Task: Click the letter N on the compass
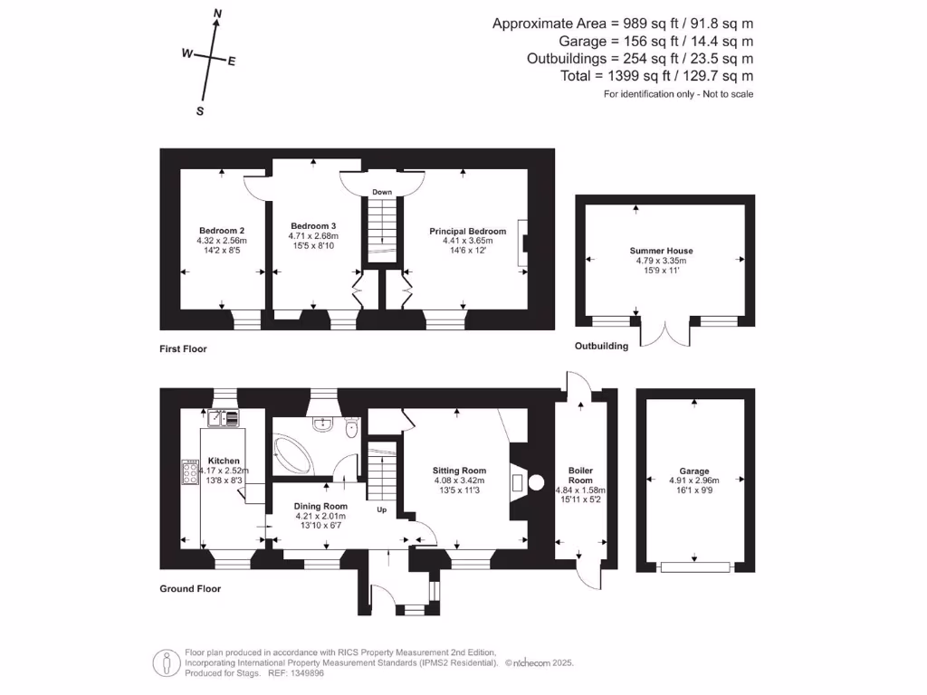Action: pyautogui.click(x=217, y=14)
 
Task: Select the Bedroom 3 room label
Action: pyautogui.click(x=313, y=226)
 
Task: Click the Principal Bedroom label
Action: pyautogui.click(x=462, y=232)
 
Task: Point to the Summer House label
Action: pyautogui.click(x=662, y=251)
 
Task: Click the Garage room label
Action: pyautogui.click(x=694, y=471)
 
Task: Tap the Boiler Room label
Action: pyautogui.click(x=580, y=475)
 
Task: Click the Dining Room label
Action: pyautogui.click(x=321, y=506)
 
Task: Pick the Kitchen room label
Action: pyautogui.click(x=223, y=461)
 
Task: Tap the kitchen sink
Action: pyautogui.click(x=223, y=417)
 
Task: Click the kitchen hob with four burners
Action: pyautogui.click(x=190, y=472)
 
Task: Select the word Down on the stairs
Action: pyautogui.click(x=382, y=193)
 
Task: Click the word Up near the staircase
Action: pyautogui.click(x=382, y=509)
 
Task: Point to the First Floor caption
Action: pyautogui.click(x=184, y=348)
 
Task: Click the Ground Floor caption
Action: pyautogui.click(x=190, y=588)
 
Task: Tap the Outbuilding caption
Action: pyautogui.click(x=601, y=346)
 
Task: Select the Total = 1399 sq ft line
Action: pyautogui.click(x=656, y=76)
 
